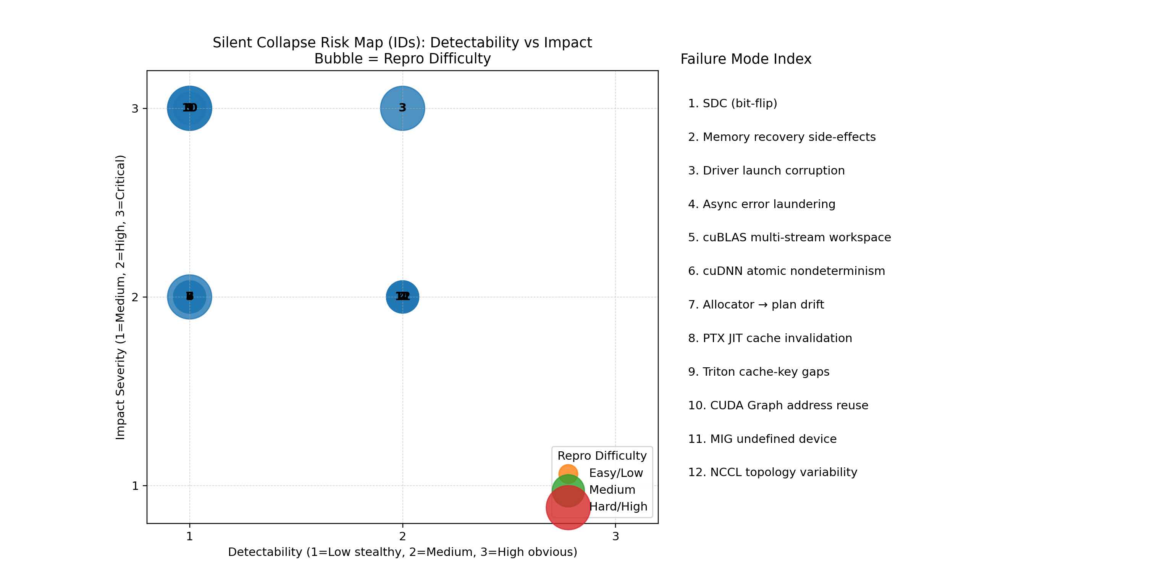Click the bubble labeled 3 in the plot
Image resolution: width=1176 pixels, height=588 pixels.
[402, 108]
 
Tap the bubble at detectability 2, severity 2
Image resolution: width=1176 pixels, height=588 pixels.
[402, 297]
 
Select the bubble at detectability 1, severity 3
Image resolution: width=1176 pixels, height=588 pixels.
[189, 108]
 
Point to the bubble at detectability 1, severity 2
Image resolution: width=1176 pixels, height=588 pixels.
[189, 297]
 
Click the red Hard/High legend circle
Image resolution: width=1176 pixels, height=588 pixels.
[568, 507]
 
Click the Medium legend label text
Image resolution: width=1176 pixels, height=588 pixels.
[612, 490]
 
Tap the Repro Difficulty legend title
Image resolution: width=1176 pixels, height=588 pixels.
[602, 456]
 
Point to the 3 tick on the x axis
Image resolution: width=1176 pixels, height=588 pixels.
[615, 536]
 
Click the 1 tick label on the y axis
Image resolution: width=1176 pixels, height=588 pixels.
[135, 486]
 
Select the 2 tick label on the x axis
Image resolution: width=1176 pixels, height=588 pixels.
[402, 536]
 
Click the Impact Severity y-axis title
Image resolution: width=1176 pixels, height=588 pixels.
[120, 297]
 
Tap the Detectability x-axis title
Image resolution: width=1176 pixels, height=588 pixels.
[402, 552]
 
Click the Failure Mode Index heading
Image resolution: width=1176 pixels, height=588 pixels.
[745, 59]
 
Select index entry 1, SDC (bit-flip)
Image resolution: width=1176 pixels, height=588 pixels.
[732, 103]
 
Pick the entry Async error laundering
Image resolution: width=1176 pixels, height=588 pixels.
[761, 204]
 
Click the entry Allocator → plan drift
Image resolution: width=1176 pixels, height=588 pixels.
[756, 305]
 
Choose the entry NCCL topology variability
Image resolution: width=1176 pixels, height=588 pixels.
[772, 472]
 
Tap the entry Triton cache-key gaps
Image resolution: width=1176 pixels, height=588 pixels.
[758, 372]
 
